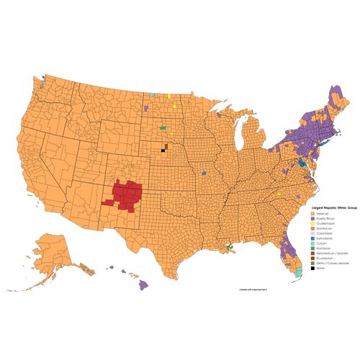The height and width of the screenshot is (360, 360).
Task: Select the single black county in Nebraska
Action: click(163, 150)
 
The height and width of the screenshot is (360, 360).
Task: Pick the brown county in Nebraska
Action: click(166, 146)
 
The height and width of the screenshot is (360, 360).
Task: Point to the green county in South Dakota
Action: click(163, 128)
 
